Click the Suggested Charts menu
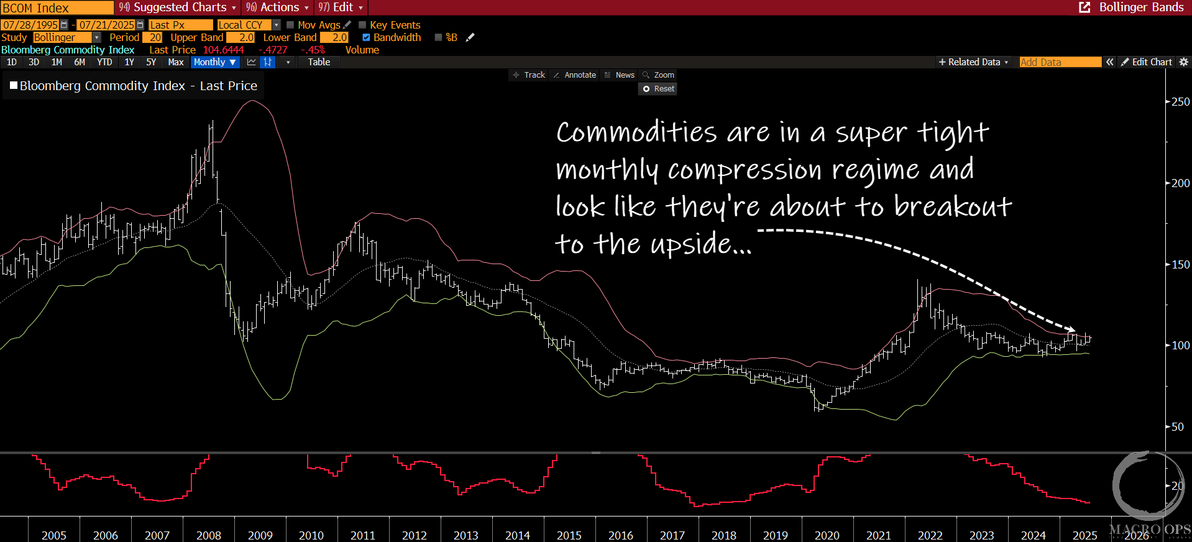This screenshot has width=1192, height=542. point(178,7)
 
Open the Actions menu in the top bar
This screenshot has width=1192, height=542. point(277,7)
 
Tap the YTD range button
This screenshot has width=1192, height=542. point(104,62)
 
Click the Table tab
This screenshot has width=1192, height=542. point(319,62)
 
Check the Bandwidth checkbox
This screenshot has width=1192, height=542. point(367,37)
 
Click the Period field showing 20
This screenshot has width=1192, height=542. point(155,37)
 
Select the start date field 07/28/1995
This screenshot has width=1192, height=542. point(30,25)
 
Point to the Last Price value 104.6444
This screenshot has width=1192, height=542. point(224,50)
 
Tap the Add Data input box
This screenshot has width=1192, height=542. point(1060,62)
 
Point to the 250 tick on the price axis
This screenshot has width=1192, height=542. point(1180,102)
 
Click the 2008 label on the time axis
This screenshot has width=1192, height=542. point(209,535)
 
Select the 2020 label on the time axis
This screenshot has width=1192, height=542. point(827,535)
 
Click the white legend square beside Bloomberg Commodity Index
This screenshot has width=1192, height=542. point(14,85)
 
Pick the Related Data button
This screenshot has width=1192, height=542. point(973,62)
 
